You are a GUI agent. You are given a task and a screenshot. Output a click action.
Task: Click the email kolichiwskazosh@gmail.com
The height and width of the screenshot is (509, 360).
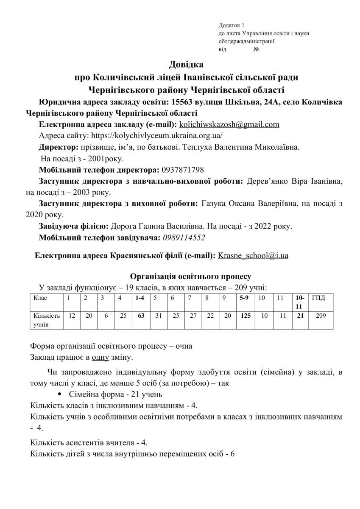[x=229, y=124]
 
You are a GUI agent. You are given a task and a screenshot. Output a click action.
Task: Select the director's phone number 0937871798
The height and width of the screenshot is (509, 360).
[x=183, y=170]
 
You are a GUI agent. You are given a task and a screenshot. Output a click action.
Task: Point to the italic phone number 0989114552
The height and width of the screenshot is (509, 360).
[x=184, y=238]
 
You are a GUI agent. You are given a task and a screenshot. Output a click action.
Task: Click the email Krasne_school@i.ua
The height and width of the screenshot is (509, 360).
[x=253, y=256]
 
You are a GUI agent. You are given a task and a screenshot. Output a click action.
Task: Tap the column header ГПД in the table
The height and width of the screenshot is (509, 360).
[x=319, y=298]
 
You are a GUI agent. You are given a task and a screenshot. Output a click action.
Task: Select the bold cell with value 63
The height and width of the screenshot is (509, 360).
[x=140, y=316]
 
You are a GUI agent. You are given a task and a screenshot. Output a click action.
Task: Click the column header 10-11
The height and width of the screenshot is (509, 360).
[x=300, y=302]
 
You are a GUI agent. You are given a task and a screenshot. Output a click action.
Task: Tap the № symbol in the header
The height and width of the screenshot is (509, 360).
[x=256, y=50]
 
